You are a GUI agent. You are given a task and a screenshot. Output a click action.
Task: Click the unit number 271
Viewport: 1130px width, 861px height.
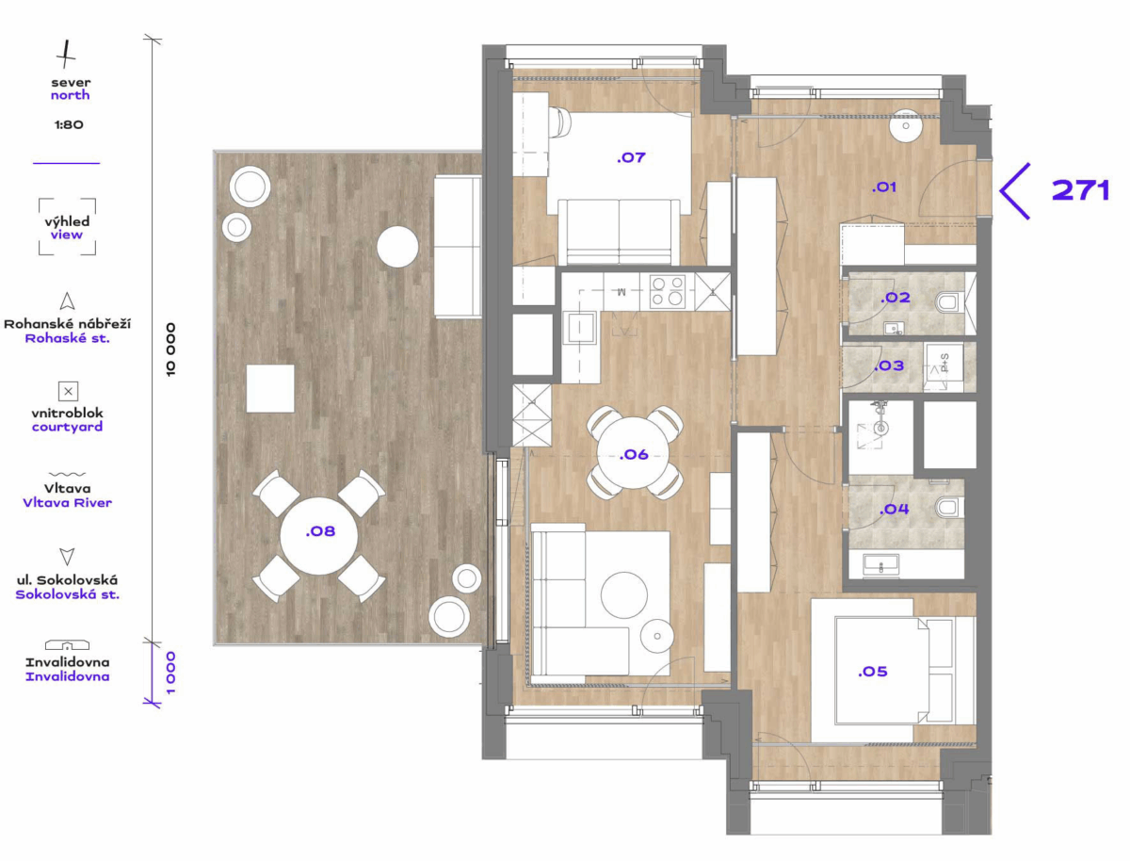(1080, 190)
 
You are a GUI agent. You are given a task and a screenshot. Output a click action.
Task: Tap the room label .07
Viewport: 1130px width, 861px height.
(631, 157)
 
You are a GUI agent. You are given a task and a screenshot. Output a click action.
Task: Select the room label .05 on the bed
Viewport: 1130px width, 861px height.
(873, 672)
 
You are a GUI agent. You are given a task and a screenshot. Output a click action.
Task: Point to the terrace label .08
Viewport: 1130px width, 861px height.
(320, 531)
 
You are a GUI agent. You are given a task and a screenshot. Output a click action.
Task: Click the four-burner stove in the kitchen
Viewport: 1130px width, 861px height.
(668, 291)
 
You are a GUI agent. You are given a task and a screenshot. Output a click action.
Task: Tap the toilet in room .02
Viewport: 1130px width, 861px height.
(946, 302)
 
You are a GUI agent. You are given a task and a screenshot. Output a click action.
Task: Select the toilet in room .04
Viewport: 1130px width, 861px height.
(946, 507)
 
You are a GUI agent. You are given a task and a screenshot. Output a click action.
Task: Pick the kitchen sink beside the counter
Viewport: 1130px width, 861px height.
(580, 328)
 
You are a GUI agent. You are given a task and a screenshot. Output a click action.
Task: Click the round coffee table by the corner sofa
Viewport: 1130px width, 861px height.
(624, 594)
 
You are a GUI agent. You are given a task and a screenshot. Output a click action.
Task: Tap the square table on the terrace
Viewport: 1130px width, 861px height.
(270, 389)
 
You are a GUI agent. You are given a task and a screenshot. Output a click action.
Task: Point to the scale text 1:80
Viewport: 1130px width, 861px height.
(69, 124)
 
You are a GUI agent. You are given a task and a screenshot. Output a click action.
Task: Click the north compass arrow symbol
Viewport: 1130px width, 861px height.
(65, 54)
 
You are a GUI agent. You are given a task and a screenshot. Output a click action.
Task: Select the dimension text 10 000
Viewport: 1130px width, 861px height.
(171, 349)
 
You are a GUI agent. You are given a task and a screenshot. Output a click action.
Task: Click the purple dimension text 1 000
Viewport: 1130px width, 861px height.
(171, 673)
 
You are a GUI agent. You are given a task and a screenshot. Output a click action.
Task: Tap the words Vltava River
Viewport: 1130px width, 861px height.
(68, 503)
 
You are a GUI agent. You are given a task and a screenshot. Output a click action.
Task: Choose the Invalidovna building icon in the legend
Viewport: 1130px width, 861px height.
(67, 644)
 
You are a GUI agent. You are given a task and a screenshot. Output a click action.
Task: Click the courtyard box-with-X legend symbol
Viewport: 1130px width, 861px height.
(68, 391)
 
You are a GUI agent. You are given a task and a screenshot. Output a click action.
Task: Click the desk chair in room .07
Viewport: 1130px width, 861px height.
(559, 122)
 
